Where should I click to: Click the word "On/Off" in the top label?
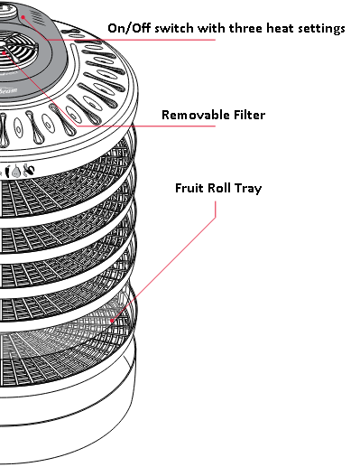coord(130,28)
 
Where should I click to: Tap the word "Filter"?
coord(246,115)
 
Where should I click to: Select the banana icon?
coord(30,170)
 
